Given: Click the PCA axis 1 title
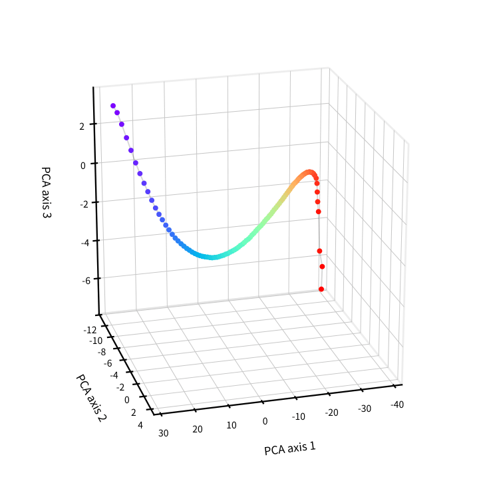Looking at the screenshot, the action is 289,448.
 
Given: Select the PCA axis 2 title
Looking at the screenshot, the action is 90,398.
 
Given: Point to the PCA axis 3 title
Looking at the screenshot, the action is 46,192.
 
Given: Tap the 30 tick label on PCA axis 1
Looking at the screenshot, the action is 164,433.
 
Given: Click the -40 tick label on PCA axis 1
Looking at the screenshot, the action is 397,404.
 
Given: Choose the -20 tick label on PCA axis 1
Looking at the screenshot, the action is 331,412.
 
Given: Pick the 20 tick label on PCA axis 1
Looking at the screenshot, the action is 198,429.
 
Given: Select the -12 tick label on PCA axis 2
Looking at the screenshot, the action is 90,330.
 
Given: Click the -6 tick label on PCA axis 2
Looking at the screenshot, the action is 108,363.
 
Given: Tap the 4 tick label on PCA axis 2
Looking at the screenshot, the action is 140,425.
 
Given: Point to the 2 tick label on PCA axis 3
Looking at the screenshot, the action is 82,126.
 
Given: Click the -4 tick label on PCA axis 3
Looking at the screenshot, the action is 85,243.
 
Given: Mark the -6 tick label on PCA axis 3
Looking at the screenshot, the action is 86,281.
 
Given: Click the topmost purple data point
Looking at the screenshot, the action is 113,106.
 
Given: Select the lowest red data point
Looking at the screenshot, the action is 321,289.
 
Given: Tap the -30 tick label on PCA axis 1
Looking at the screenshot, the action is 365,408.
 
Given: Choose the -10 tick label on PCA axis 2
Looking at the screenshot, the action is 96,341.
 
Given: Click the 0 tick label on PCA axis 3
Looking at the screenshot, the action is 83,166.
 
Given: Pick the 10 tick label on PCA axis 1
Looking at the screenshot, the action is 232,425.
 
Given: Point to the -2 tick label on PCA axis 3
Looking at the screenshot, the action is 84,204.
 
